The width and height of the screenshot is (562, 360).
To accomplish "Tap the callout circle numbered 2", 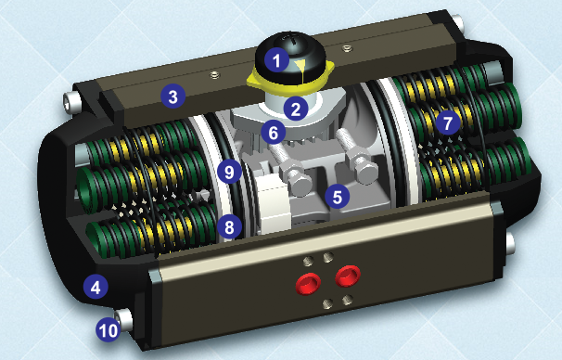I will click(296, 109).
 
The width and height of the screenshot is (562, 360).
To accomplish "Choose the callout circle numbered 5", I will click(338, 195).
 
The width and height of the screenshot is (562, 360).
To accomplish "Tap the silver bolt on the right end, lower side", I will click(512, 242).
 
